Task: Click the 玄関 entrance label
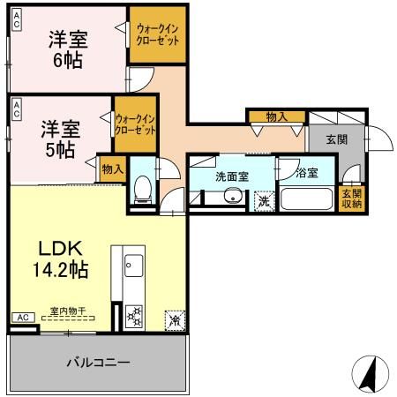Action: [x=336, y=139]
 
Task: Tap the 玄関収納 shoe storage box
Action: [x=352, y=199]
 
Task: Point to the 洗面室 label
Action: [x=232, y=176]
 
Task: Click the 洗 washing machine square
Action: [x=263, y=201]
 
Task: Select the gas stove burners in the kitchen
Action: [x=135, y=314]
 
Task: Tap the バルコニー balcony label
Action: [x=99, y=363]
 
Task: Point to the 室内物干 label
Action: [x=67, y=310]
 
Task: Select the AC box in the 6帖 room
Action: [x=16, y=19]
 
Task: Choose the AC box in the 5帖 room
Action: [x=16, y=109]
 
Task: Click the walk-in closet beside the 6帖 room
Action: [x=157, y=35]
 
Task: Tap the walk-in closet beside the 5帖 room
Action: [x=135, y=122]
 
